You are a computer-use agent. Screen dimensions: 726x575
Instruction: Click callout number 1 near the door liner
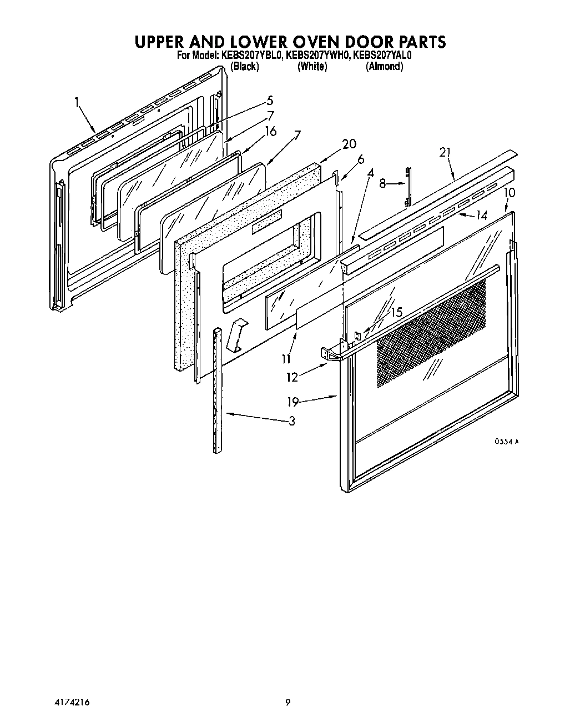(x=77, y=102)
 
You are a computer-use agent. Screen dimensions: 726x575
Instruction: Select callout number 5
(x=270, y=101)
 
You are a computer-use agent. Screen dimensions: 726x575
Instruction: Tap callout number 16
(x=270, y=131)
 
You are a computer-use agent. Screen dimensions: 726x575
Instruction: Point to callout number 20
(x=349, y=144)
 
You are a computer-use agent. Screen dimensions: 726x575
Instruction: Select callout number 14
(x=481, y=216)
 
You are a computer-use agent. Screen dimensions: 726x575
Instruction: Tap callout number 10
(x=510, y=193)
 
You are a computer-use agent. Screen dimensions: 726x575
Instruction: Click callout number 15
(x=396, y=312)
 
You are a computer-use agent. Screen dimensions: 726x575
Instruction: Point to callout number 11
(x=286, y=358)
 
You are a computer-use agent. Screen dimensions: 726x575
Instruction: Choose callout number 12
(x=292, y=377)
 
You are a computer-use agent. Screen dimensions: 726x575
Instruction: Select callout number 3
(x=291, y=420)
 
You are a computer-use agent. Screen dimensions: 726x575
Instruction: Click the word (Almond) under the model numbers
(x=384, y=66)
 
